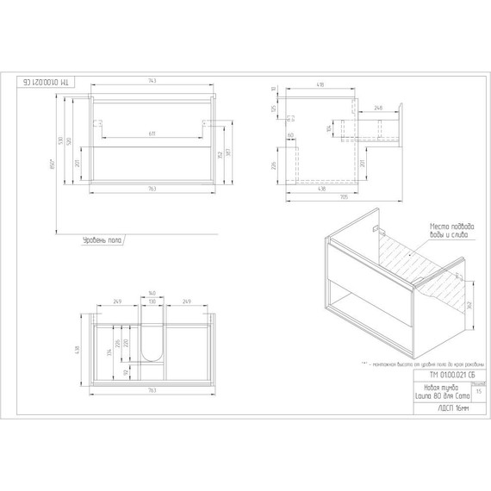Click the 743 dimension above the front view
tap(152, 81)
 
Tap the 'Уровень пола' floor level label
tap(101, 241)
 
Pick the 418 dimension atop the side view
tap(319, 85)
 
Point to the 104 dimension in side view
tap(328, 128)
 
